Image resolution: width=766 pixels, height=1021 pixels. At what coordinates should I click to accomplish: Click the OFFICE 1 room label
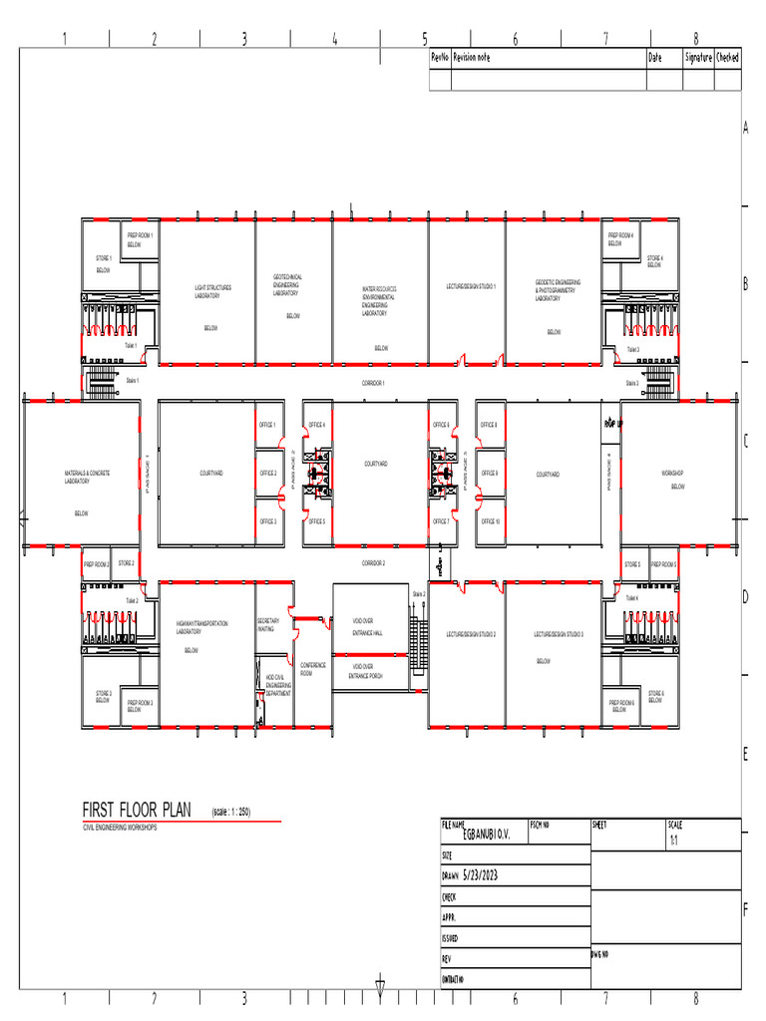point(267,425)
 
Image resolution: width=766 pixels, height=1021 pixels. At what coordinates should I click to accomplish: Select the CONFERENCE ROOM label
point(313,669)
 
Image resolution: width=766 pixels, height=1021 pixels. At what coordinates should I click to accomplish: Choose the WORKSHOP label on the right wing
point(672,473)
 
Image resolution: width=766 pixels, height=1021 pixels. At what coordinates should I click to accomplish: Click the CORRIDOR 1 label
point(373,383)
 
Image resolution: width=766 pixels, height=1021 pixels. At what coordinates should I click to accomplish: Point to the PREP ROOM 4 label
point(620,238)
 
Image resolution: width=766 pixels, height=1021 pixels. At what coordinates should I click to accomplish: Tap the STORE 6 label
point(655,696)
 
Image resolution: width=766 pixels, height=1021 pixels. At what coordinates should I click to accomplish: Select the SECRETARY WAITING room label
point(267,625)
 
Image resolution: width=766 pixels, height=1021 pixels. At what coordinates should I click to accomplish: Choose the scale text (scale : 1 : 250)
point(230,812)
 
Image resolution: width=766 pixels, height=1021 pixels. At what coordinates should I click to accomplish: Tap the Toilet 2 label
point(132,601)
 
